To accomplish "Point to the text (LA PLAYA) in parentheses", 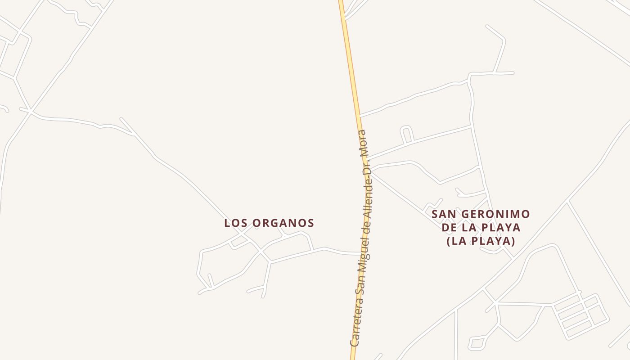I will point(481,241).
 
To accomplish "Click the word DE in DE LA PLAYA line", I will point(449,228).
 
